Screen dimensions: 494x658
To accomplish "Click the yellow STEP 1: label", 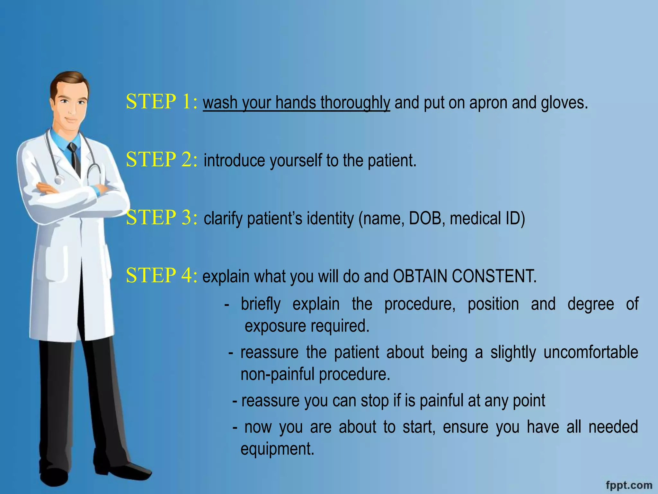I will click(x=162, y=102).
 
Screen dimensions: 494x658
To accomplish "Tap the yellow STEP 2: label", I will click(x=162, y=160).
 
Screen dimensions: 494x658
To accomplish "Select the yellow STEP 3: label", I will click(x=162, y=217).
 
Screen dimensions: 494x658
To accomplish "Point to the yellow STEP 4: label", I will click(x=162, y=276).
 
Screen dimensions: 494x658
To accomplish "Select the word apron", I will click(x=488, y=103).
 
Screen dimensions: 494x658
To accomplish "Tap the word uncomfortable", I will click(x=591, y=352).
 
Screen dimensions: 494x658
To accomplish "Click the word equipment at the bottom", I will click(x=277, y=449).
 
